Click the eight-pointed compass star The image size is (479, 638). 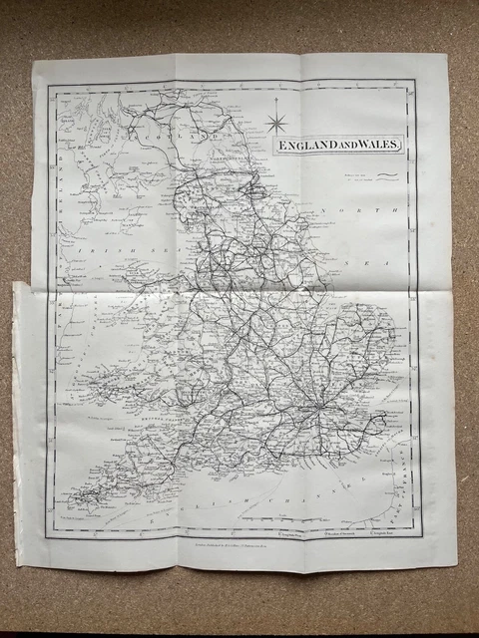click(x=276, y=124)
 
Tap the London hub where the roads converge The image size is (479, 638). click(x=316, y=411)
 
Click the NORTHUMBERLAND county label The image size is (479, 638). click(x=239, y=131)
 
